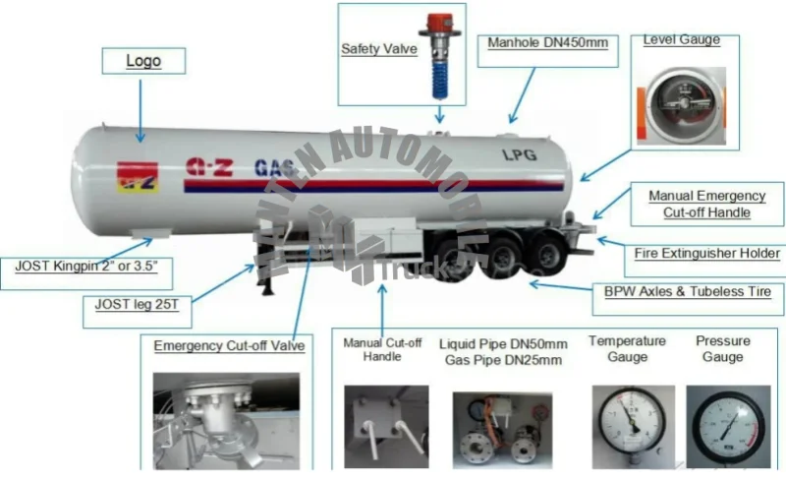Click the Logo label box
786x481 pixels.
pyautogui.click(x=143, y=62)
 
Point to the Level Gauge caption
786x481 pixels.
pyautogui.click(x=681, y=39)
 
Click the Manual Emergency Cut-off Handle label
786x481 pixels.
pyautogui.click(x=701, y=204)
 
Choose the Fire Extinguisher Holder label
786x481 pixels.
pyautogui.click(x=707, y=254)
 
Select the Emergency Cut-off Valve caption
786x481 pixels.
pyautogui.click(x=229, y=345)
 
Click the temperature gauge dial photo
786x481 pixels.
pyautogui.click(x=627, y=424)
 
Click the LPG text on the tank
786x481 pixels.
pyautogui.click(x=520, y=154)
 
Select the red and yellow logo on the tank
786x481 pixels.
pyautogui.click(x=138, y=177)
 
